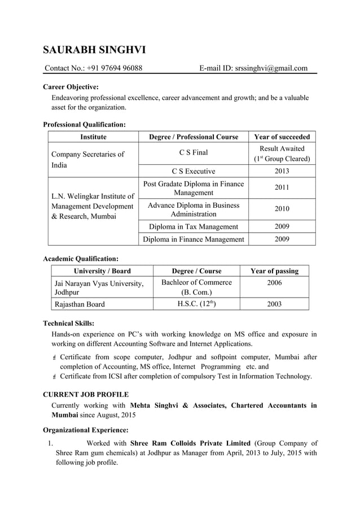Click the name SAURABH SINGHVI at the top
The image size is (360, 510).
[94, 50]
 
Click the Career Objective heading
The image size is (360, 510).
[71, 87]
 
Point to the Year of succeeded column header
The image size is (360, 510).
[282, 137]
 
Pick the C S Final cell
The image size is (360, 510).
[194, 152]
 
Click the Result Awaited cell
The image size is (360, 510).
[282, 154]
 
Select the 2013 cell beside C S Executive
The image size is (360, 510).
[282, 171]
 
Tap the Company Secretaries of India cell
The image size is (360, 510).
[87, 159]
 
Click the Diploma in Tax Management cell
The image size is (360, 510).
[194, 226]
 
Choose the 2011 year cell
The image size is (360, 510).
[282, 188]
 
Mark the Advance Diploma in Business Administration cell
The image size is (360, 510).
[194, 209]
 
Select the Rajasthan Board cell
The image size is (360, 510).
[80, 304]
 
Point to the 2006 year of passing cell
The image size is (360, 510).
[274, 282]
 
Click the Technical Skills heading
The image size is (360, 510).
[68, 324]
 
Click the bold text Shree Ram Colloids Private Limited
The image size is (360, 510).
[190, 443]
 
